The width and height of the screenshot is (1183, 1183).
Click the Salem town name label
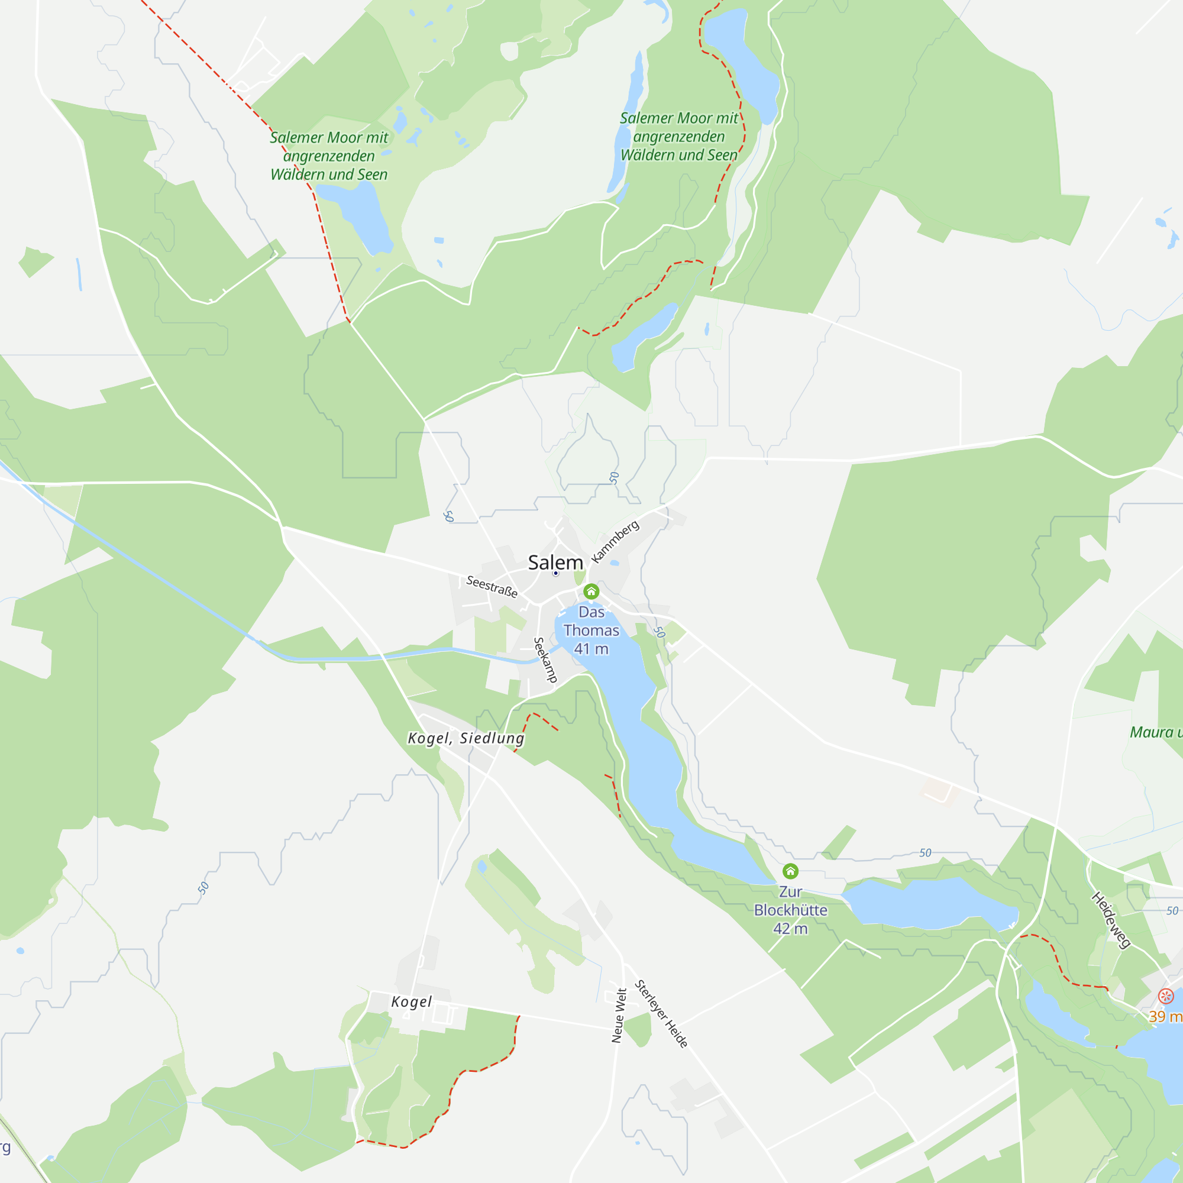coord(555,562)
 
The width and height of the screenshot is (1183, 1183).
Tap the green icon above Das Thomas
coord(591,591)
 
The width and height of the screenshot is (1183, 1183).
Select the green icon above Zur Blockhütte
coord(790,871)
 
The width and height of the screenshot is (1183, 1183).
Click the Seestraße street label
coord(492,586)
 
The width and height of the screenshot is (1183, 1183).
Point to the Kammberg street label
coord(615,541)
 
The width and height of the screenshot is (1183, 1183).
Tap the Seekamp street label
coord(545,660)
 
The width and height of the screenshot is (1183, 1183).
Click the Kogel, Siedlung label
coord(466,738)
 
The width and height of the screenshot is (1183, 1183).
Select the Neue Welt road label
coord(619,1015)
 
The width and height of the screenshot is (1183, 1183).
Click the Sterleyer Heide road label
coord(661,1014)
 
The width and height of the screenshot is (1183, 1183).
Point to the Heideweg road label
coord(1111,920)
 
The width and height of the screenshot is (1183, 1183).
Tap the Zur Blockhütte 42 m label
coord(790,910)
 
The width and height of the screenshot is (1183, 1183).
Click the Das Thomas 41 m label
coord(591,630)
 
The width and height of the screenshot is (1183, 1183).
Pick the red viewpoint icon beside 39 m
coord(1166,996)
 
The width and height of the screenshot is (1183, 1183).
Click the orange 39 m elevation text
coord(1165,1016)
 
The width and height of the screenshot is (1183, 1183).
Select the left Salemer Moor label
coord(329,156)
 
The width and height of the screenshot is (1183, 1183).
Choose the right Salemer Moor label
coord(679,137)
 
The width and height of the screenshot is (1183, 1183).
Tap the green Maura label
coord(1155,732)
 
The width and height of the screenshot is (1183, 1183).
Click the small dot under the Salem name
coord(555,574)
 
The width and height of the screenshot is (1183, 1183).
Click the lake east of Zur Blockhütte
coord(927,903)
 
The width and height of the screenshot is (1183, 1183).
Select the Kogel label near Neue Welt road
coord(412,1002)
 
